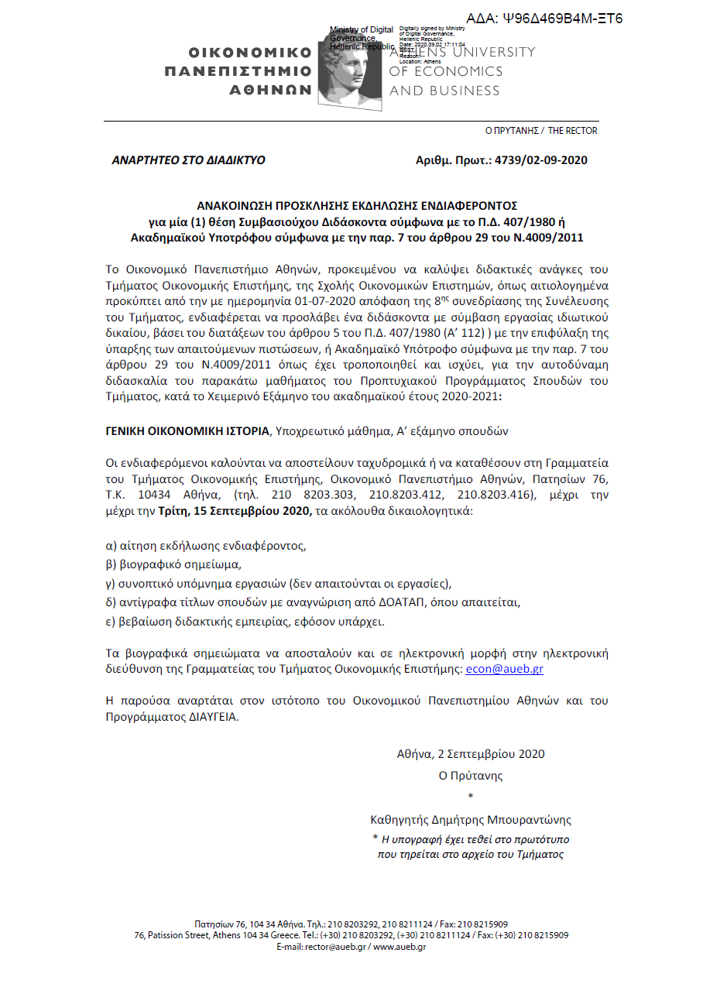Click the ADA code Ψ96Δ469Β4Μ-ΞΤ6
coord(565,18)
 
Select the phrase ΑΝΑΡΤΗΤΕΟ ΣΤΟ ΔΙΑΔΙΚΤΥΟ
coord(188,160)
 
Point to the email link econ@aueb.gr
coord(509,669)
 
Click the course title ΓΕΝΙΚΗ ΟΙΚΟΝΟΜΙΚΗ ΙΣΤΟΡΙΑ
coord(188,430)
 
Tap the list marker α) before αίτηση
coord(111,545)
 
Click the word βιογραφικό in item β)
coord(147,564)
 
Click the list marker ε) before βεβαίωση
coord(111,621)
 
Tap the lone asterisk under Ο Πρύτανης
coord(471,797)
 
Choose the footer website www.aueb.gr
coord(400,947)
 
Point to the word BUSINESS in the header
coord(463,91)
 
